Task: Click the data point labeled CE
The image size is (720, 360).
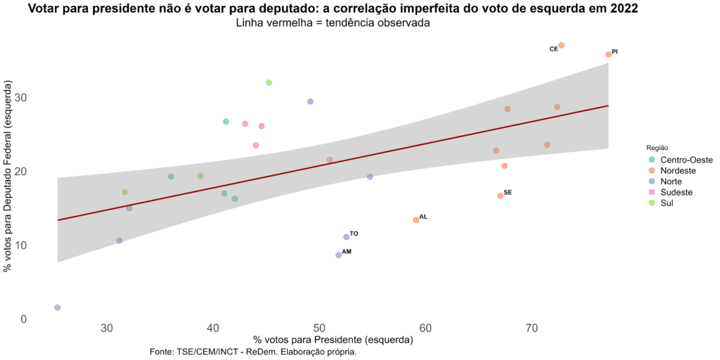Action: tap(561, 45)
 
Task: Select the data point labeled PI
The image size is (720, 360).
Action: tap(608, 54)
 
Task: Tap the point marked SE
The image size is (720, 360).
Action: tap(500, 195)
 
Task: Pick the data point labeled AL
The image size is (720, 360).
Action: tap(416, 220)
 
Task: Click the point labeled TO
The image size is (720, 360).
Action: tap(346, 237)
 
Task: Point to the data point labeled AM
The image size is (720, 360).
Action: tap(338, 255)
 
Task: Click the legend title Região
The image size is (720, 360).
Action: tap(658, 148)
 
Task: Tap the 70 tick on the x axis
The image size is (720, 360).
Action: tap(532, 328)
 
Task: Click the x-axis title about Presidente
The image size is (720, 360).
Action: tap(333, 340)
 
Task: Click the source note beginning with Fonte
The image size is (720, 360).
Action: tap(253, 352)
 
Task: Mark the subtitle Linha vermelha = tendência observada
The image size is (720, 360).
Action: tap(333, 22)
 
